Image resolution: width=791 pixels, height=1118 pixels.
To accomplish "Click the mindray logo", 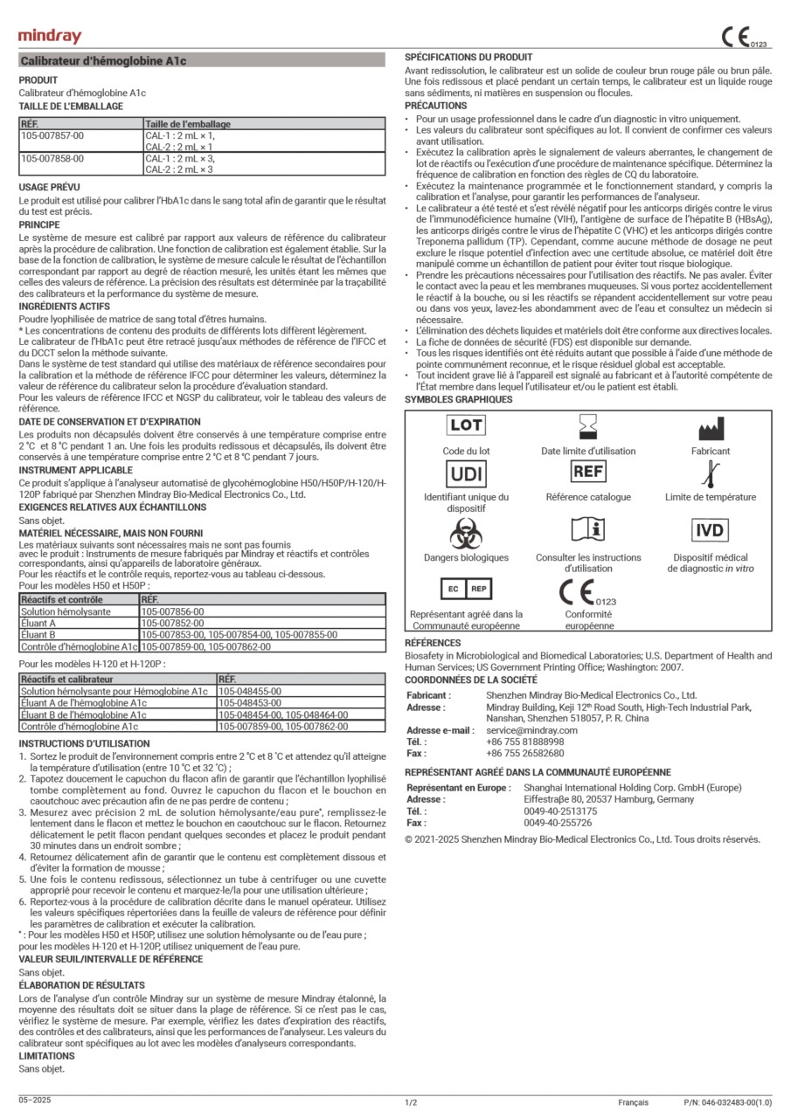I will (x=50, y=36).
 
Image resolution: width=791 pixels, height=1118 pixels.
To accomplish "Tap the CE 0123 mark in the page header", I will (x=742, y=38).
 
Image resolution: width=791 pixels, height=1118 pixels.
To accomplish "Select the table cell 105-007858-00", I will (x=52, y=159).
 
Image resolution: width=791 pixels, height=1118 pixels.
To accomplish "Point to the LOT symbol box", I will (x=467, y=425).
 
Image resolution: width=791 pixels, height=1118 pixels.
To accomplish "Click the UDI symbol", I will (x=467, y=473).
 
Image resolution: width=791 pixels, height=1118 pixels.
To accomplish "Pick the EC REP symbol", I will (x=466, y=589).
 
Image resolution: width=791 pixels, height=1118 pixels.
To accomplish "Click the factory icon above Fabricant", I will (x=710, y=428).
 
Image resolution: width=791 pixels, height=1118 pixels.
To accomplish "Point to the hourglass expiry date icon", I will (x=587, y=426).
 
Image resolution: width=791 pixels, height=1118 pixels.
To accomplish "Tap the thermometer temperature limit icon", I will (x=710, y=474).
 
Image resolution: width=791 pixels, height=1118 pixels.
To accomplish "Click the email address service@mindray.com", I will (x=531, y=730).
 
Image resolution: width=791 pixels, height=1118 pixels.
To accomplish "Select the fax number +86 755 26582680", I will (x=525, y=753).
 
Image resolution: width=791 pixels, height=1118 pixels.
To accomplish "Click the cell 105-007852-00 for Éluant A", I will (x=172, y=624).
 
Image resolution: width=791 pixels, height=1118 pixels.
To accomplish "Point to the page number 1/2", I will (x=411, y=1103).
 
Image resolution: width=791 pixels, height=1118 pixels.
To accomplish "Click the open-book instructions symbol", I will (x=587, y=531).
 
